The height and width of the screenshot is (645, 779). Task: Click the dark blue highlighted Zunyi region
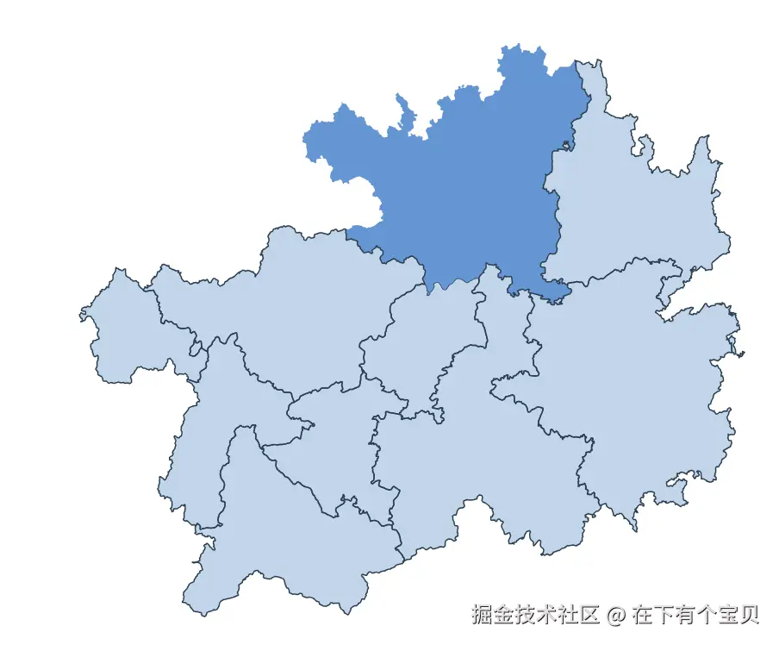click(x=465, y=181)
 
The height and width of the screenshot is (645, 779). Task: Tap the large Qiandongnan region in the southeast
click(x=638, y=388)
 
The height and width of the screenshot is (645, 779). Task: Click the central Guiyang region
click(x=422, y=345)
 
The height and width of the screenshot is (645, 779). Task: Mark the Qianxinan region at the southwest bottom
click(x=284, y=535)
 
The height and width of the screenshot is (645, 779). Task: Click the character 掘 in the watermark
click(x=482, y=615)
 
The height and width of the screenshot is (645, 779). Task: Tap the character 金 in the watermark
click(x=503, y=615)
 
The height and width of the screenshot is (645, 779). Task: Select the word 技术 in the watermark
click(x=536, y=615)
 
